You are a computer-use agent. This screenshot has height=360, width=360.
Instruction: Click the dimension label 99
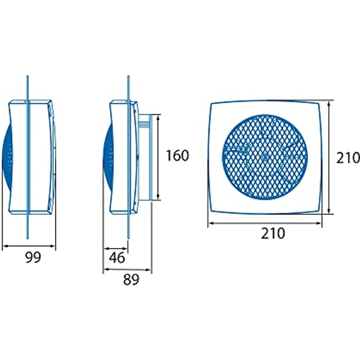[x=33, y=257]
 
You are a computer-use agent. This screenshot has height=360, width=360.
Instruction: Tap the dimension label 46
[x=117, y=258]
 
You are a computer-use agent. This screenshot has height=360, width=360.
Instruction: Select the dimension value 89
[x=131, y=280]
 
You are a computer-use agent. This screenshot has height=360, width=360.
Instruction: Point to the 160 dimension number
[x=177, y=156]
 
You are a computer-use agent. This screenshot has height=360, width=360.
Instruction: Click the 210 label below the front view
[x=273, y=233]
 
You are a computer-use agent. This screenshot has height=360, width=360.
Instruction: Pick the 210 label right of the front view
[x=348, y=158]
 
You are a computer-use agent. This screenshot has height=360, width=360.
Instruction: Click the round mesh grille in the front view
[x=265, y=157]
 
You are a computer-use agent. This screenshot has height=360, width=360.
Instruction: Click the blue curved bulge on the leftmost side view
[x=7, y=157]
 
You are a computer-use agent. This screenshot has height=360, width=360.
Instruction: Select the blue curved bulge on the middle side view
[x=108, y=157]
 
